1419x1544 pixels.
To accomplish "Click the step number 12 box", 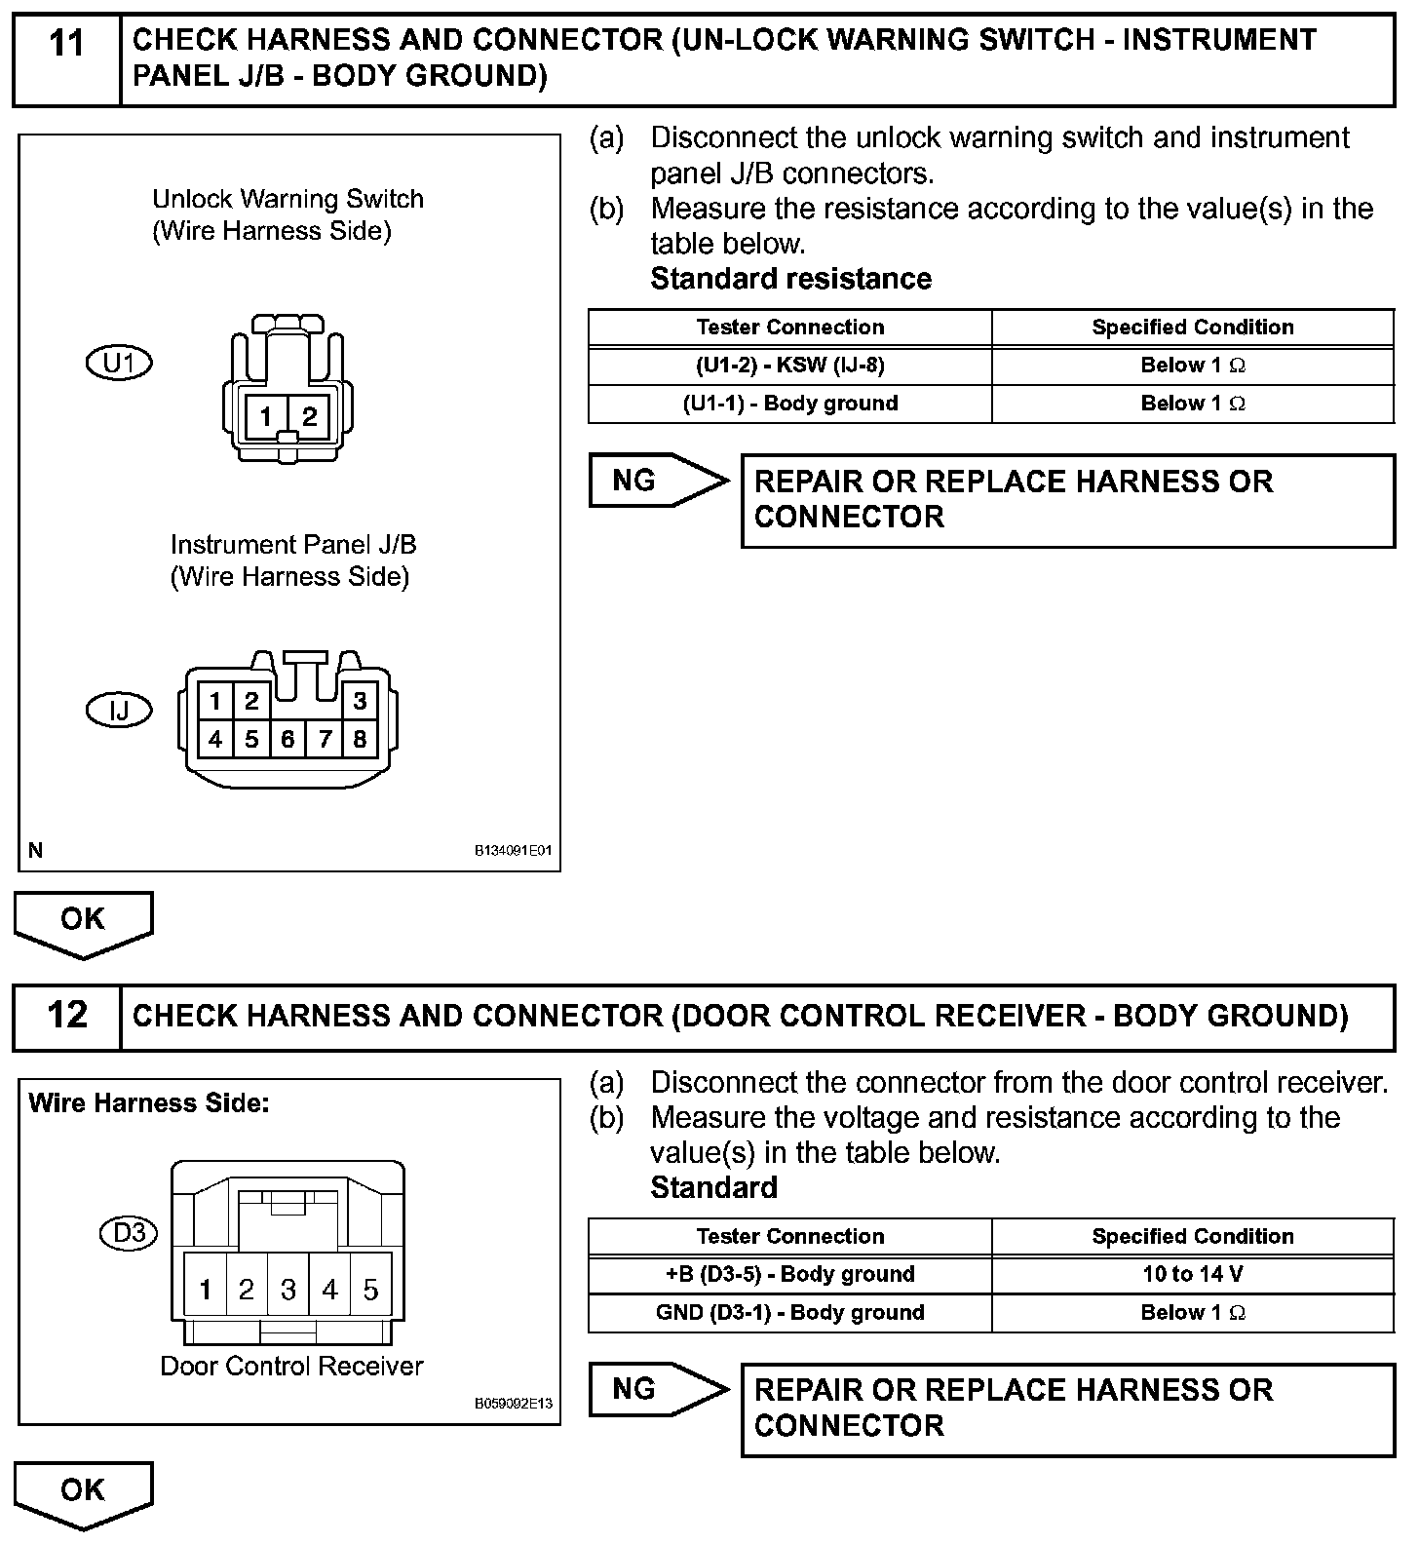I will [x=66, y=1016].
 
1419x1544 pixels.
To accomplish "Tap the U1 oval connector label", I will [x=119, y=363].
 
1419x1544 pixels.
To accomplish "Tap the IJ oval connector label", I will [x=119, y=710].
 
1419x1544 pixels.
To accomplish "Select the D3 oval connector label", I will [x=129, y=1233].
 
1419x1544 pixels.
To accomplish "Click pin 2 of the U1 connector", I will [x=309, y=417].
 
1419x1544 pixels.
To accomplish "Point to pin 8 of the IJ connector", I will [x=360, y=739].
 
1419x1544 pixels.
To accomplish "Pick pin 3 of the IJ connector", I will [x=360, y=700].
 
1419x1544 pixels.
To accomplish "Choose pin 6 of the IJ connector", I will [x=288, y=739].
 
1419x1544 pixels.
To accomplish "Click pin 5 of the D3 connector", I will [x=370, y=1290].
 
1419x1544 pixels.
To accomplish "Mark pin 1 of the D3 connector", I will [x=206, y=1290].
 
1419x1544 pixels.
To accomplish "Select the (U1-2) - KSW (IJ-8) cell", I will [x=789, y=366].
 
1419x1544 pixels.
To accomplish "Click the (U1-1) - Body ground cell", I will [x=789, y=404].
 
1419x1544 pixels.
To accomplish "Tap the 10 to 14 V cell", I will [x=1192, y=1274].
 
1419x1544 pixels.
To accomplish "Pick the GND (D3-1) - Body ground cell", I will [x=789, y=1313].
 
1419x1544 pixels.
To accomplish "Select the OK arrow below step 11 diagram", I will [x=83, y=921].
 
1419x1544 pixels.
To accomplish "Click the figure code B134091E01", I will [x=514, y=851].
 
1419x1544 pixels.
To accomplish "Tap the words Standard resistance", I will [x=790, y=279].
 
